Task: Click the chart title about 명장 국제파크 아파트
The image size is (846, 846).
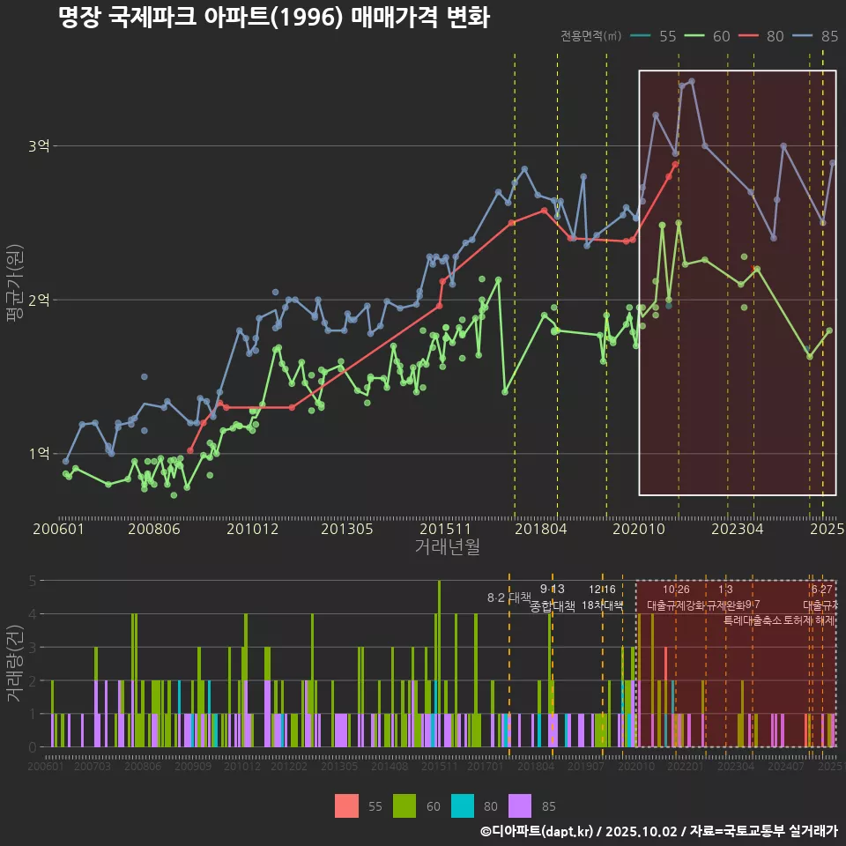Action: (x=273, y=18)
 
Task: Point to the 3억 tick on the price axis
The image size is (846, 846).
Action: (x=39, y=145)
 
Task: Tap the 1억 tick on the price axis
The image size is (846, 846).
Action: (x=39, y=454)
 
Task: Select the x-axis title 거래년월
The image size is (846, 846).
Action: (x=447, y=546)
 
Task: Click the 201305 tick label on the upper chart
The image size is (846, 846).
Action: (x=346, y=529)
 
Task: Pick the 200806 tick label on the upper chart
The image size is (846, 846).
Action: (x=154, y=529)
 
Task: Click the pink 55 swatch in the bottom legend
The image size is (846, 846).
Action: (x=347, y=806)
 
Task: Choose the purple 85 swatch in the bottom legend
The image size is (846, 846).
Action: (x=522, y=806)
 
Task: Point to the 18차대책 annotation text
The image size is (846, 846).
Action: (x=602, y=605)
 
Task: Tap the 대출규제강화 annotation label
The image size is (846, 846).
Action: (x=676, y=605)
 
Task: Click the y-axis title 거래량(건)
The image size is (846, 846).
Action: (x=15, y=664)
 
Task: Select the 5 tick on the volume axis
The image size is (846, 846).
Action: (x=32, y=581)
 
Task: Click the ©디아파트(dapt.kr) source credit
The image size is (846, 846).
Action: (x=537, y=831)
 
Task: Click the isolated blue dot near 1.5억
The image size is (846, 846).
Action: (x=145, y=377)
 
